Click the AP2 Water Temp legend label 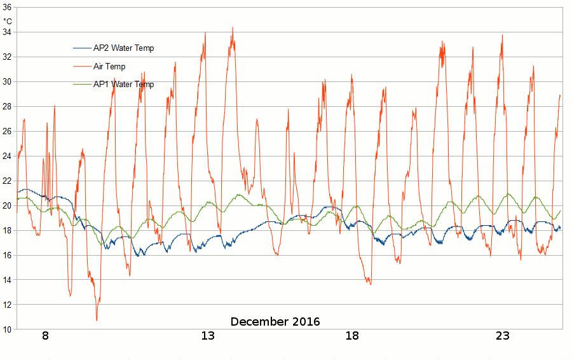click(x=123, y=48)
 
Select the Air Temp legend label click(x=109, y=66)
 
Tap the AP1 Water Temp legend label click(x=123, y=84)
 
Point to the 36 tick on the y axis click(x=7, y=8)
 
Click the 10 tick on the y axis click(x=7, y=329)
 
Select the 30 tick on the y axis click(x=7, y=81)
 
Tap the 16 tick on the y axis click(x=7, y=255)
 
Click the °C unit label click(x=7, y=21)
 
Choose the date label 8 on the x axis click(x=45, y=336)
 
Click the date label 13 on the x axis click(x=208, y=336)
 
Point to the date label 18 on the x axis click(x=352, y=336)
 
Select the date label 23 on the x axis click(x=503, y=336)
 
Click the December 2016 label click(x=275, y=322)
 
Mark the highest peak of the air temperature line click(x=233, y=27)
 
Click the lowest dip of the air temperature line click(x=97, y=321)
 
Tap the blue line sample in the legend click(x=83, y=48)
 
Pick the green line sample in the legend click(x=83, y=84)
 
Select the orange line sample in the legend click(x=83, y=66)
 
